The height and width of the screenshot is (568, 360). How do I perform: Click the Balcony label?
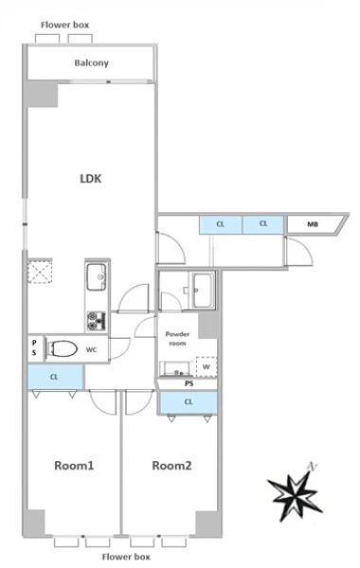pos(91,63)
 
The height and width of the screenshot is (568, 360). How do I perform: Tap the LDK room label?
pos(91,179)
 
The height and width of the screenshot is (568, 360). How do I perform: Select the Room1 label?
pos(74,466)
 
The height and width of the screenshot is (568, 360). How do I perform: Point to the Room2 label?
pos(171,466)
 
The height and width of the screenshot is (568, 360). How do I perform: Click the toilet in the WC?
pos(63,348)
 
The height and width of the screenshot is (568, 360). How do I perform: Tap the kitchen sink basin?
pos(97,276)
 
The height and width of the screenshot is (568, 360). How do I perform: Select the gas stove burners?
pos(97,321)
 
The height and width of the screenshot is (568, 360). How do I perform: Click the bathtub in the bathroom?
pos(204,291)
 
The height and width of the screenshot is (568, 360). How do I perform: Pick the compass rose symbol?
pos(296,492)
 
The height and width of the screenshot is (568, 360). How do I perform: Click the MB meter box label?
pos(313,224)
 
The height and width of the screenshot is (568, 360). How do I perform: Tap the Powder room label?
pos(177,339)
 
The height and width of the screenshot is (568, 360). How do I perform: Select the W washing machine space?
pos(207,366)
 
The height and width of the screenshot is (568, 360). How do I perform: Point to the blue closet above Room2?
pos(189,402)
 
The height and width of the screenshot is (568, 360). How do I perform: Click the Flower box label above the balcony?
pos(64,25)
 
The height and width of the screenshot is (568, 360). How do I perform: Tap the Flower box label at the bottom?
pos(126,557)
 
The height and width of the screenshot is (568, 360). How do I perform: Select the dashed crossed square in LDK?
pos(40,271)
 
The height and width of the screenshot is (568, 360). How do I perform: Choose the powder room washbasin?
pos(176,369)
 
